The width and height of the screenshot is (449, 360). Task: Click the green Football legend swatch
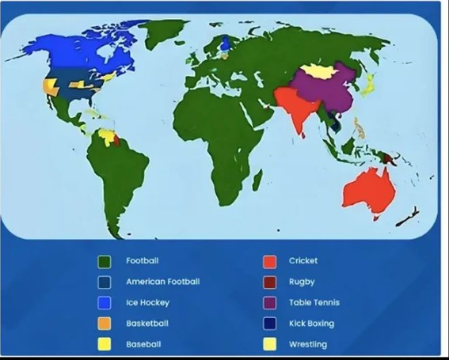pyautogui.click(x=104, y=261)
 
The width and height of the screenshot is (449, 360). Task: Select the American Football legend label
pyautogui.click(x=162, y=282)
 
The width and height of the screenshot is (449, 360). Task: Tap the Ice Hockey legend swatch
pyautogui.click(x=104, y=303)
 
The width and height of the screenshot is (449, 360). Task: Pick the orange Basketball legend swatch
pyautogui.click(x=104, y=324)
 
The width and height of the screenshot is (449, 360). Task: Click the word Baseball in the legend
pyautogui.click(x=143, y=344)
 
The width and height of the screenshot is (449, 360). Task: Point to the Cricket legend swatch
pyautogui.click(x=269, y=261)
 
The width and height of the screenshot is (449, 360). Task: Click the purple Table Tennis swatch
pyautogui.click(x=269, y=303)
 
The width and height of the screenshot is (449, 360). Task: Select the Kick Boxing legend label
pyautogui.click(x=311, y=324)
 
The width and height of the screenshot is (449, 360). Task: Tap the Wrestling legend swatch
pyautogui.click(x=269, y=344)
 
